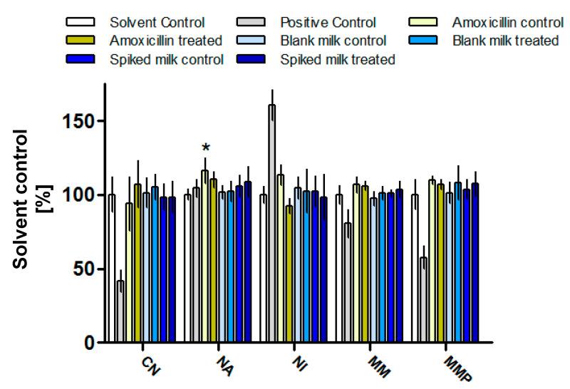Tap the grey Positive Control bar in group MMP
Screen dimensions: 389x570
tap(423, 299)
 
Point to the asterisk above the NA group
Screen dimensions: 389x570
tap(206, 148)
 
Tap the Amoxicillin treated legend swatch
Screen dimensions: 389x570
tap(80, 41)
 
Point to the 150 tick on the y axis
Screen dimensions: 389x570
tap(81, 121)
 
